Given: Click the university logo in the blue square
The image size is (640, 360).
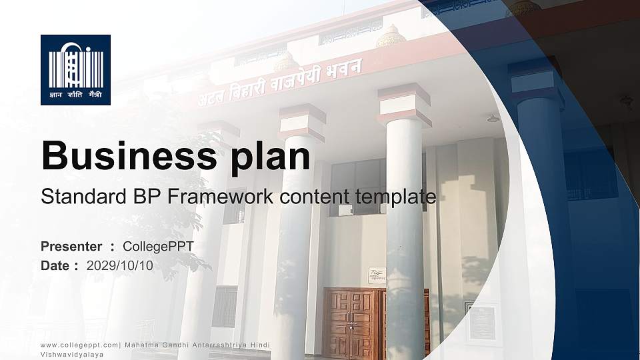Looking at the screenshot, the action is (75, 70).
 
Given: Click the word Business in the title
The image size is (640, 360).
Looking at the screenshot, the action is (129, 155).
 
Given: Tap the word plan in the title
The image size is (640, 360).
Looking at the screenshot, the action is (270, 158).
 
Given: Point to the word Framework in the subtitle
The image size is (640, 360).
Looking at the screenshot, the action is (221, 196).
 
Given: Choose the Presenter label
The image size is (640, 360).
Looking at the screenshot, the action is (71, 247).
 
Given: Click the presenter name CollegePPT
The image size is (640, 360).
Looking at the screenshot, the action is (159, 247).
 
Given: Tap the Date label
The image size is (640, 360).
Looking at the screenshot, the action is (55, 266).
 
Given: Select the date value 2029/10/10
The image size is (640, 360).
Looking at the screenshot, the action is (120, 266).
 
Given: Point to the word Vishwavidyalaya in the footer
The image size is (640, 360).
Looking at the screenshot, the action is (72, 355).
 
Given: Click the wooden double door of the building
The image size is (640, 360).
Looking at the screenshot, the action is (354, 323).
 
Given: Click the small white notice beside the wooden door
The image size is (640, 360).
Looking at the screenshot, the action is (377, 275).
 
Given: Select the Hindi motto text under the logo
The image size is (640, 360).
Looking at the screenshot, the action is (75, 95).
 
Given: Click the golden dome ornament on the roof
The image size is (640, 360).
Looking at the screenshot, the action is (391, 36).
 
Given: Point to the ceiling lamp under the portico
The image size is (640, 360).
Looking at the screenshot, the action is (493, 119).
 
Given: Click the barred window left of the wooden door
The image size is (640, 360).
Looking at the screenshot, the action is (225, 307).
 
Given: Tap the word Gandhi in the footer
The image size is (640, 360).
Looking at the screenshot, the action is (175, 345).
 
